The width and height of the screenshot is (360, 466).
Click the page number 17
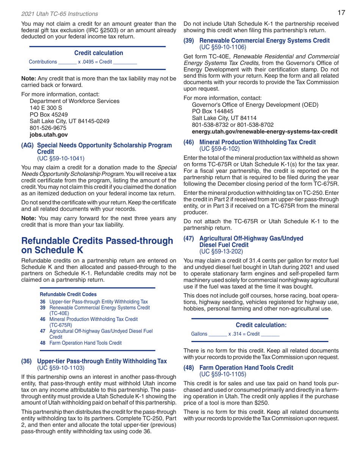pyautogui.click(x=341, y=13)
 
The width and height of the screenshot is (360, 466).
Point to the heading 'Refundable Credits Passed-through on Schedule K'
pyautogui.click(x=97, y=246)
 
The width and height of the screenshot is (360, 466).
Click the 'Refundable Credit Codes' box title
pyautogui.click(x=68, y=294)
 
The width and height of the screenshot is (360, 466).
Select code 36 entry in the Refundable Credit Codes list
pyautogui.click(x=94, y=302)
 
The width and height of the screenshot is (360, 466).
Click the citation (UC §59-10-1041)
pyautogui.click(x=60, y=158)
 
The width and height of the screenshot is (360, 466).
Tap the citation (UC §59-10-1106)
pyautogui.click(x=223, y=47)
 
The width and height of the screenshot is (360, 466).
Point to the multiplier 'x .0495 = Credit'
pyautogui.click(x=95, y=61)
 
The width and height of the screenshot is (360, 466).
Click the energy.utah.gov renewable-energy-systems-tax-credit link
pyautogui.click(x=265, y=131)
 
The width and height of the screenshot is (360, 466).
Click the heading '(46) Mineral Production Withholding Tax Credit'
pyautogui.click(x=249, y=142)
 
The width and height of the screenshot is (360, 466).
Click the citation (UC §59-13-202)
pyautogui.click(x=221, y=251)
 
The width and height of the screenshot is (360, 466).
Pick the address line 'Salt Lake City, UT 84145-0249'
pyautogui.click(x=70, y=121)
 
